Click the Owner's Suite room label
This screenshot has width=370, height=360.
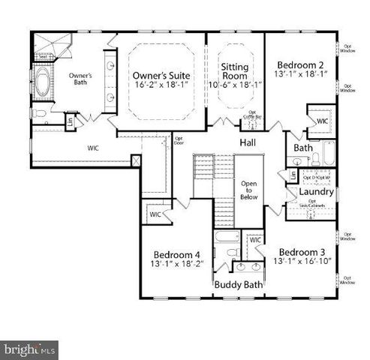tap(161, 76)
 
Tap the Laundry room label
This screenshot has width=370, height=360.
tap(315, 191)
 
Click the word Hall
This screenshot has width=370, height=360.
tap(248, 142)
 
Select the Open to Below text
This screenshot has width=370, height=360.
tap(248, 191)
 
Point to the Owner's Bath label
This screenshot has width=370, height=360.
tap(80, 79)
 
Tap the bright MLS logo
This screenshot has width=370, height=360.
tap(29, 348)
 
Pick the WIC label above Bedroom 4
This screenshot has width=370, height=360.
tap(155, 214)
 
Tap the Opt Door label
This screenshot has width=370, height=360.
tap(180, 140)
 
